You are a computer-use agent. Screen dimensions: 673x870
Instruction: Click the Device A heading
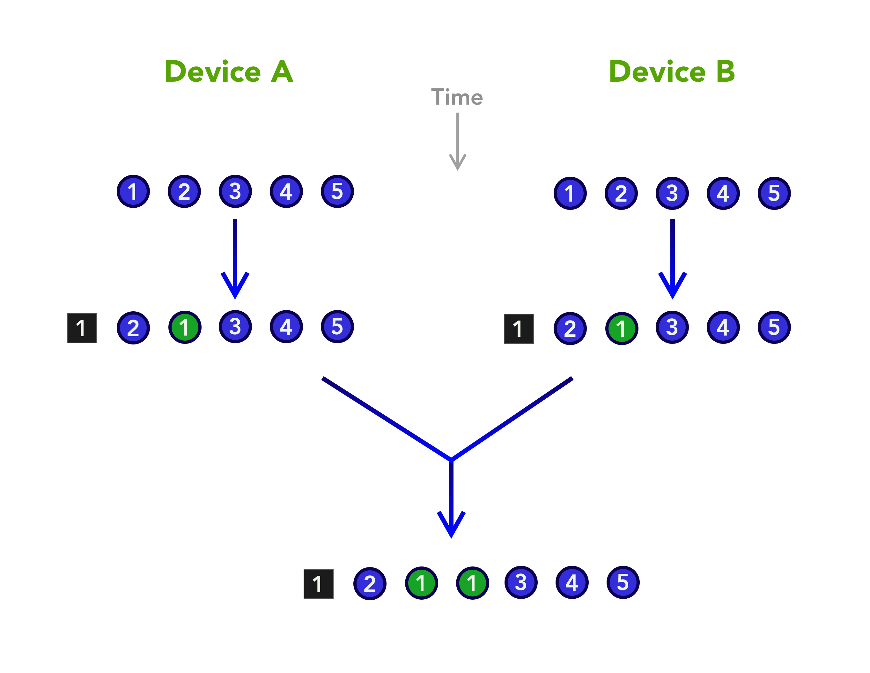pos(229,72)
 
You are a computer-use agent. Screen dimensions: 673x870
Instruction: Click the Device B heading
pos(672,72)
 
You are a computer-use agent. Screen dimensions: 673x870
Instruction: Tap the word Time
pos(457,97)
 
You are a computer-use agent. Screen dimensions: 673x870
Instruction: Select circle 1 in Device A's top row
pos(133,192)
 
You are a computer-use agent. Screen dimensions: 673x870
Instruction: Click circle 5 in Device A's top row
pos(337,192)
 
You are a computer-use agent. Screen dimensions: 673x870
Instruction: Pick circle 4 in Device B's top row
pos(723,194)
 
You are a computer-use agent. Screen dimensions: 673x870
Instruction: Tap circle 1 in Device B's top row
pos(570,194)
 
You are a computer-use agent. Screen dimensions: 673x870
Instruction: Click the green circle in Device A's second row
pos(184,328)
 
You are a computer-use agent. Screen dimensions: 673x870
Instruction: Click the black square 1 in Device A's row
pos(82,328)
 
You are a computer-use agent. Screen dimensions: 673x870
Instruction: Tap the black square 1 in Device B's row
pos(519,329)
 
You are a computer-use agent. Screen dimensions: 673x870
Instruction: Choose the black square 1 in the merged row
pos(318,584)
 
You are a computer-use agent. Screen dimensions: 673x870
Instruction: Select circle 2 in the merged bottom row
pos(370,584)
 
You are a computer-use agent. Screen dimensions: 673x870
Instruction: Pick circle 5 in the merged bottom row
pos(623,582)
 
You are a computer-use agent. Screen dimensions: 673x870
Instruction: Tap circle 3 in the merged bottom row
pos(521,582)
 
